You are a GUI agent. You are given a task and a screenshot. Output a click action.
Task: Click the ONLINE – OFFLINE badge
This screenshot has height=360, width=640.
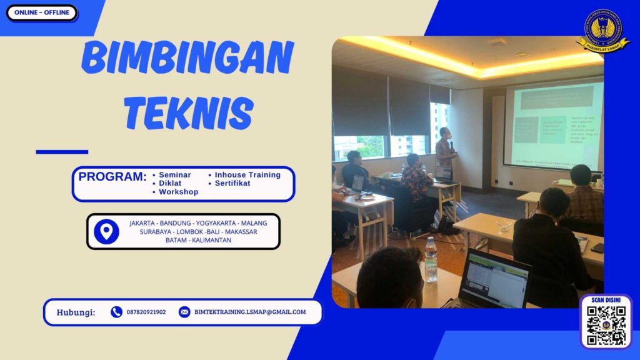[x=41, y=12]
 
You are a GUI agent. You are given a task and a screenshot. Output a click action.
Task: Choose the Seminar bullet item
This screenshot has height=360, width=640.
[x=174, y=175]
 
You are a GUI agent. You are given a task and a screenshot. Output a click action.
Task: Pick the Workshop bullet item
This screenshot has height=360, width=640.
[x=178, y=192]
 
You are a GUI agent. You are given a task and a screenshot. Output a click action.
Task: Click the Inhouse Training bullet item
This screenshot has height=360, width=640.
[x=247, y=175]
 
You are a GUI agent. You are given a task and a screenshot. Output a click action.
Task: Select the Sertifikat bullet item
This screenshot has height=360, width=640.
[x=232, y=183]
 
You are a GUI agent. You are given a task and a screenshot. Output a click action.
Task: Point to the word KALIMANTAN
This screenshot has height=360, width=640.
[x=212, y=240]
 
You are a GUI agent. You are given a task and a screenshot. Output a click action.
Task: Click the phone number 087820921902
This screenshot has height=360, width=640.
[x=146, y=312]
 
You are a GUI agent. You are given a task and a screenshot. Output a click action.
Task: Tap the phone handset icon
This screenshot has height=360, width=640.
[x=116, y=312]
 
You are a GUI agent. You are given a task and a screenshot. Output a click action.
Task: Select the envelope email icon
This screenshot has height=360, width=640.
[x=184, y=312]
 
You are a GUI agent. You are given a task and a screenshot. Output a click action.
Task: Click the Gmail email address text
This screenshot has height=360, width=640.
[x=250, y=312]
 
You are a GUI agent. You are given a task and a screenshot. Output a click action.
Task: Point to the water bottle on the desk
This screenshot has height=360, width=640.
[x=431, y=259]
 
